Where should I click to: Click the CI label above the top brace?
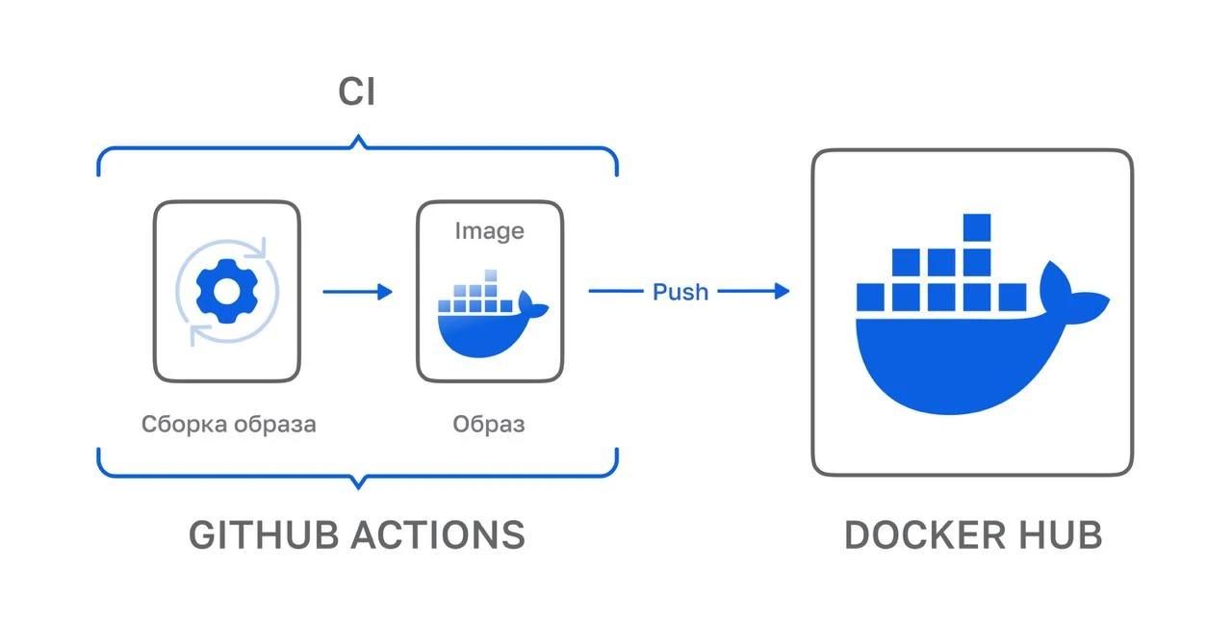[x=356, y=93]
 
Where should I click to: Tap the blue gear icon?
[x=222, y=290]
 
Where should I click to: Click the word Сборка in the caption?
[x=182, y=424]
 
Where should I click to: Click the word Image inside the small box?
[x=489, y=231]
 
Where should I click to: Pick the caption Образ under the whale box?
[x=489, y=424]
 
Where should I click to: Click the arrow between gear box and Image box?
[x=357, y=291]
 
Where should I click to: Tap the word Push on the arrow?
[x=680, y=291]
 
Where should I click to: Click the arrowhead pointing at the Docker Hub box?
[x=781, y=291]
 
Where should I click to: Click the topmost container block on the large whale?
[x=976, y=228]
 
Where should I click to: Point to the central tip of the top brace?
[x=357, y=142]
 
